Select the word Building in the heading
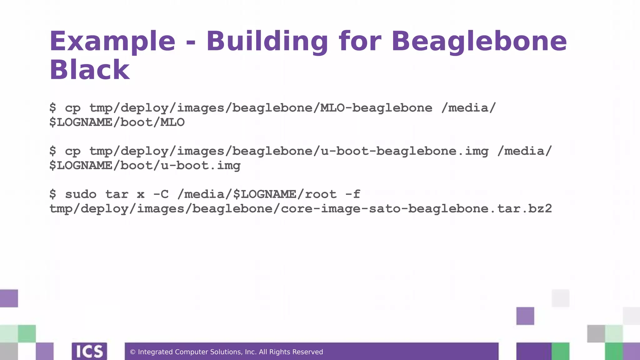267,42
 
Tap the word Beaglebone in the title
479,42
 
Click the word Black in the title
89,70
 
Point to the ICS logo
89,352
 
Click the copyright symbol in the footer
132,352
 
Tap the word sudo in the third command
81,194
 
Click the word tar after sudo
117,194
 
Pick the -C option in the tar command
161,194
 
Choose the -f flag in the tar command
353,194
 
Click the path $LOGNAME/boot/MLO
117,122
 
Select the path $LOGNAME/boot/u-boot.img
145,166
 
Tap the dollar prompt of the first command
53,108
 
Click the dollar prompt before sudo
53,194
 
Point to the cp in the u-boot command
73,151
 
